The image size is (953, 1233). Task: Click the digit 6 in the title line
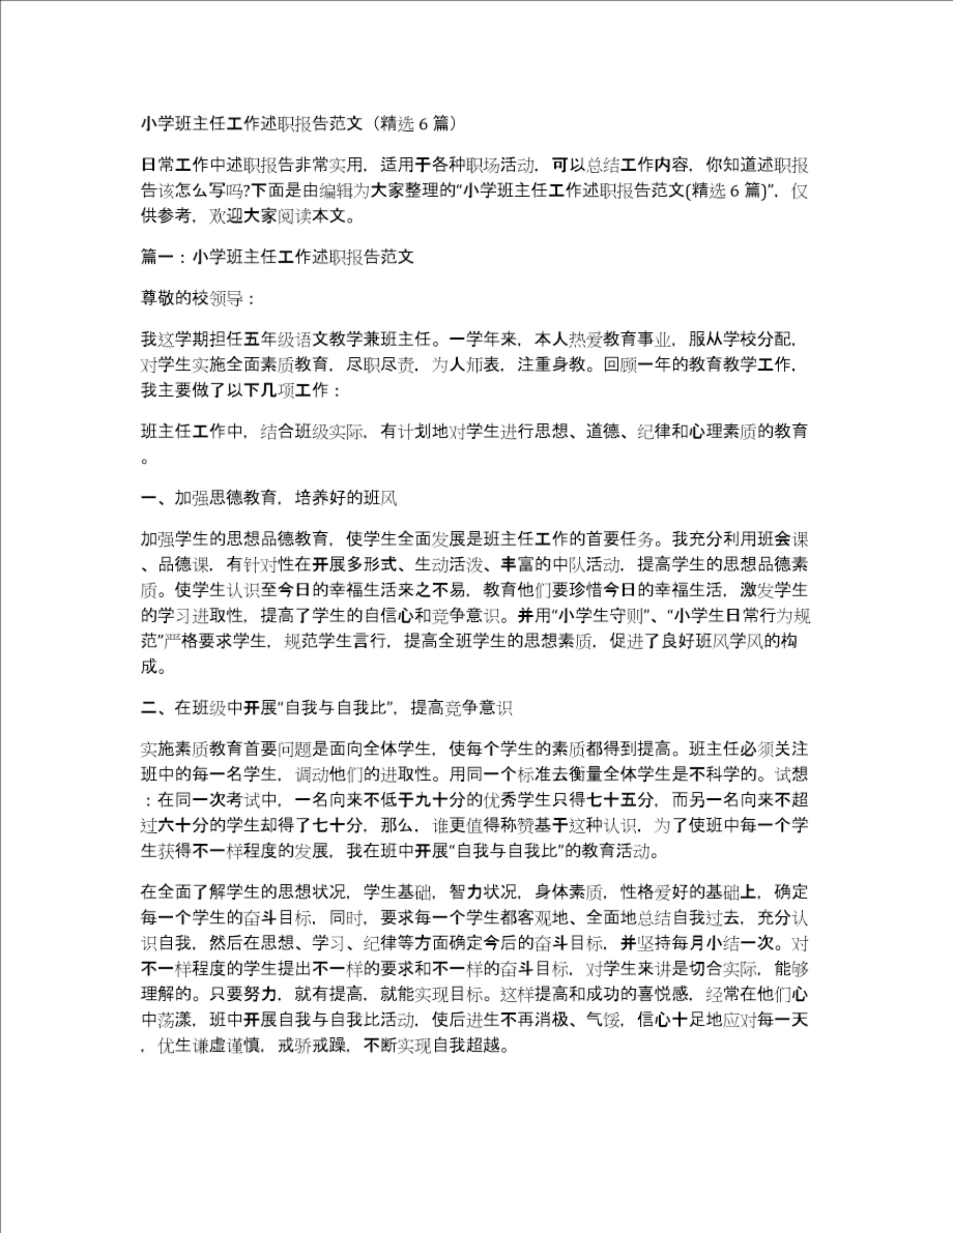point(422,124)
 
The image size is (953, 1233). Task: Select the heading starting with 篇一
point(277,258)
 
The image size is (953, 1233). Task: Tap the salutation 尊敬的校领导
point(197,299)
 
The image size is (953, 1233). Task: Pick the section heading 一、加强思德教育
point(269,498)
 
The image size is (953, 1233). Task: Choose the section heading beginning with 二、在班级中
point(326,708)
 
